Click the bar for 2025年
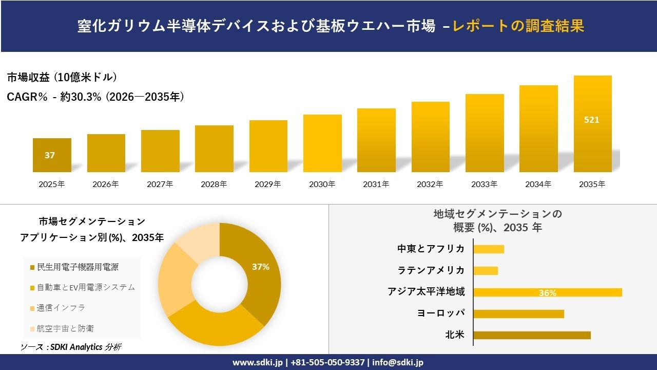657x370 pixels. pyautogui.click(x=52, y=155)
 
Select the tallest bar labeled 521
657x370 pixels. pyautogui.click(x=593, y=124)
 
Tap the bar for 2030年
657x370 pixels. pyautogui.click(x=322, y=143)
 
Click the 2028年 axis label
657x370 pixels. pyautogui.click(x=214, y=184)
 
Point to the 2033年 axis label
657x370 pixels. pyautogui.click(x=484, y=184)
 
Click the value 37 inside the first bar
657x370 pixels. pyautogui.click(x=50, y=155)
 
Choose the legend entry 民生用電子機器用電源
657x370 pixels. pyautogui.click(x=74, y=267)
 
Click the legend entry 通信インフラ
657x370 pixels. pyautogui.click(x=58, y=308)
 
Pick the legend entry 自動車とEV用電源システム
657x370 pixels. pyautogui.click(x=83, y=287)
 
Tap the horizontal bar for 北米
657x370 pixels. pyautogui.click(x=532, y=335)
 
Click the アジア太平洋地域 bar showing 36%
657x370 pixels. pyautogui.click(x=548, y=292)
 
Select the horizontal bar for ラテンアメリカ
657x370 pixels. pyautogui.click(x=486, y=271)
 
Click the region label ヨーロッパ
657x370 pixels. pyautogui.click(x=441, y=313)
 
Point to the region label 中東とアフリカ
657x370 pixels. pyautogui.click(x=431, y=249)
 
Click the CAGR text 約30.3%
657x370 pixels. pyautogui.click(x=81, y=97)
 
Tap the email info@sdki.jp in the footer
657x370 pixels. pyautogui.click(x=398, y=362)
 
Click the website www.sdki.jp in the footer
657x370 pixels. pyautogui.click(x=258, y=362)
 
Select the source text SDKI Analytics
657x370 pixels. pyautogui.click(x=76, y=347)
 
